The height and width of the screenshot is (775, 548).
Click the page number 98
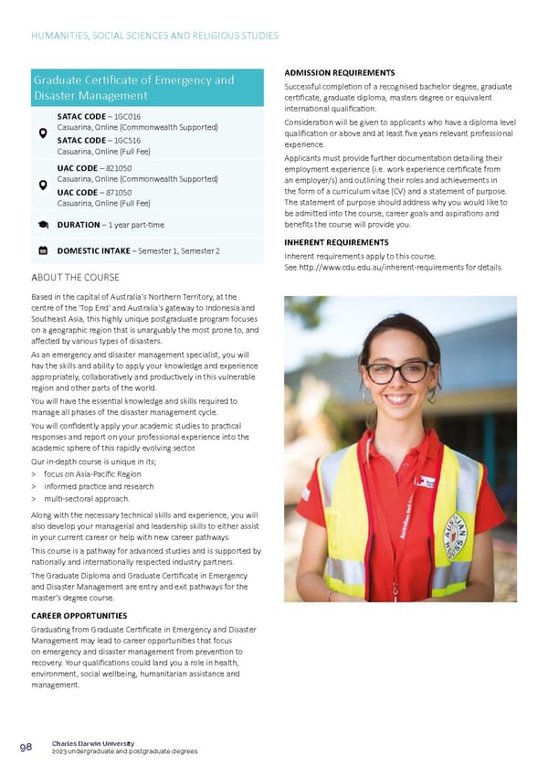(x=26, y=747)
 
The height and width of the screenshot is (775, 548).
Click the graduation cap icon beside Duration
(x=43, y=224)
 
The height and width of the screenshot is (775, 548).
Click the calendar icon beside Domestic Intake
(x=43, y=249)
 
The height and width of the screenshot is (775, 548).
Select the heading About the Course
(x=75, y=278)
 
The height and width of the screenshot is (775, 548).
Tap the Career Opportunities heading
(x=79, y=616)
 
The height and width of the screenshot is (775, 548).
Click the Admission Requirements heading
(x=340, y=73)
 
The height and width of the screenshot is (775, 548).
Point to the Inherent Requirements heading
(x=336, y=242)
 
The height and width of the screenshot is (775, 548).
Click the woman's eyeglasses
(x=399, y=372)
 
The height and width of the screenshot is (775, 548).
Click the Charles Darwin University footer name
(x=93, y=743)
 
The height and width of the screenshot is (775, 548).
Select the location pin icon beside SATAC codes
(x=43, y=133)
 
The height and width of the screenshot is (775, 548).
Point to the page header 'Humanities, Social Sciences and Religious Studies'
(x=154, y=36)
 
